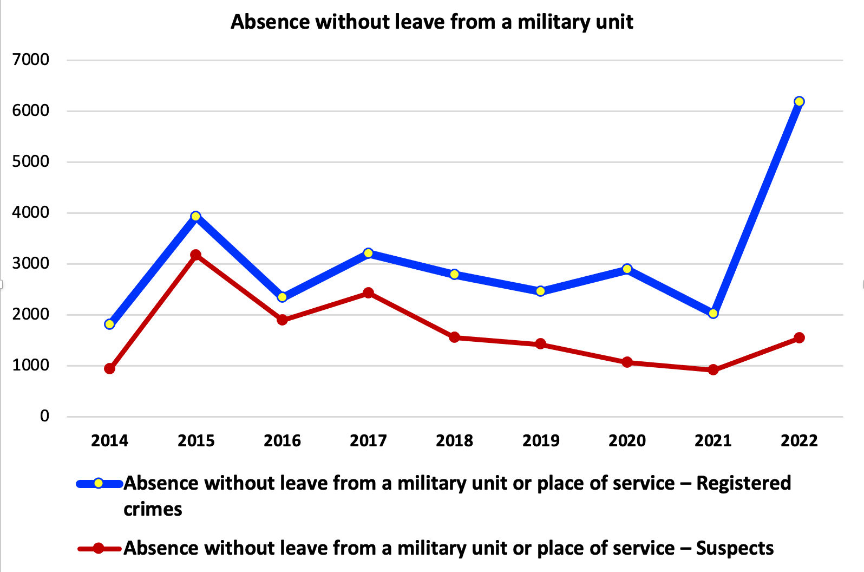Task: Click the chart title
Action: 431,22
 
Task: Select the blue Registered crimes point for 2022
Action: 799,101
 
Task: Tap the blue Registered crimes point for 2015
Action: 196,216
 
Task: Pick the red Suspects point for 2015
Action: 196,255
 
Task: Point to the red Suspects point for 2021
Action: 713,369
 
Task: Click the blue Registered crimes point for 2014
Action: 110,324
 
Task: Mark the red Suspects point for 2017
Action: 368,293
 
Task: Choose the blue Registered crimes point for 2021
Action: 713,314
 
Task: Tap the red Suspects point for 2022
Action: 799,338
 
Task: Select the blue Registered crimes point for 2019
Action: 540,291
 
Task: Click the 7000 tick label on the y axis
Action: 30,60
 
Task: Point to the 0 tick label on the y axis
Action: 44,416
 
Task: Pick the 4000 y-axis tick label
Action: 30,212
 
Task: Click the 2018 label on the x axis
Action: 454,441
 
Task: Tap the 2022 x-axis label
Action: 799,441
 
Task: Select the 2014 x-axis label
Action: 110,441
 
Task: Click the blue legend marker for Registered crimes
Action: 99,483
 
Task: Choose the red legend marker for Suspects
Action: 99,548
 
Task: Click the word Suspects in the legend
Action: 735,549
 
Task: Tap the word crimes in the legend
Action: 153,510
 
